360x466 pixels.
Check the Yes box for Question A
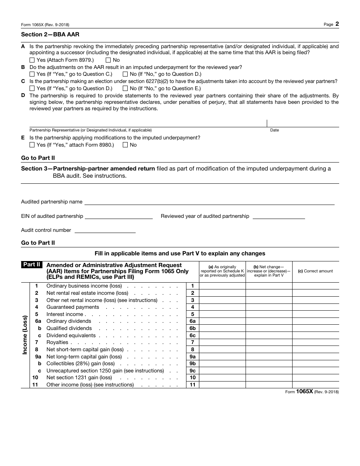pos(32,60)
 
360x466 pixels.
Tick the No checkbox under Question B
pos(125,74)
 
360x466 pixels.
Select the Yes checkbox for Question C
pos(32,88)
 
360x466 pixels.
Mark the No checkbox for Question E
pos(125,145)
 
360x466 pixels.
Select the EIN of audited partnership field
pos(119,216)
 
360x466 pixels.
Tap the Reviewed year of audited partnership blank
pos(279,216)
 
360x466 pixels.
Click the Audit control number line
pos(105,230)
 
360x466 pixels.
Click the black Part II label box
pos(32,265)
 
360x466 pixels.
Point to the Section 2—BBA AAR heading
pos(50,34)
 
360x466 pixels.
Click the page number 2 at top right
pos(337,24)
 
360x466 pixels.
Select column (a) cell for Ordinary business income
pos(222,286)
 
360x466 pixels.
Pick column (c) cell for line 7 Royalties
pos(315,342)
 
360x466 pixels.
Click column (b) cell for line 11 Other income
pos(269,385)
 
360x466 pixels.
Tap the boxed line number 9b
pos(193,364)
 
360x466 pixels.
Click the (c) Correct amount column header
pos(315,271)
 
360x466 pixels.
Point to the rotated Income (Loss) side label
pos(25,335)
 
